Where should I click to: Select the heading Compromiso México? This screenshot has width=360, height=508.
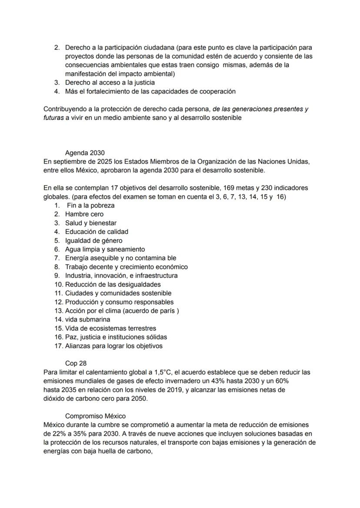[x=95, y=416]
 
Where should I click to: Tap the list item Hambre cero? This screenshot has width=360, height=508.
[x=84, y=214]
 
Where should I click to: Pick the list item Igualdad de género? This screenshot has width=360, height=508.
[x=93, y=241]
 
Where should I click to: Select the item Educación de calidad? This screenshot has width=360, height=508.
[x=97, y=232]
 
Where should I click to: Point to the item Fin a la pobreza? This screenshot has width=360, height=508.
[x=91, y=206]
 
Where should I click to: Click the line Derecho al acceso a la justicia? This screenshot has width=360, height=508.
[x=110, y=83]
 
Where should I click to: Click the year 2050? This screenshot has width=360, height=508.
[x=139, y=398]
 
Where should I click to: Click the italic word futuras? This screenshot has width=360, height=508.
[x=53, y=118]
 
